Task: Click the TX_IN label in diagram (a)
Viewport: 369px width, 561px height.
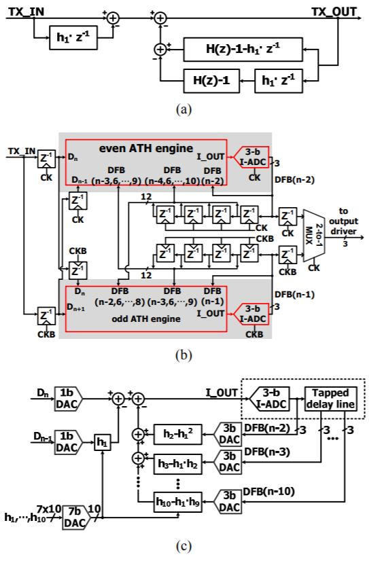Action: point(26,12)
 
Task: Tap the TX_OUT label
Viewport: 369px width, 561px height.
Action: point(334,12)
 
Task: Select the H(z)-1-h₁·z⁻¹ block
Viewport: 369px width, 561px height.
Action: point(243,50)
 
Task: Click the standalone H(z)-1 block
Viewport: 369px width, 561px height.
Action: point(211,81)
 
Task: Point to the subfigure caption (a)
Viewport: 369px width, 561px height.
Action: point(184,109)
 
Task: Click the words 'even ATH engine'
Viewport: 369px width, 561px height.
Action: point(145,148)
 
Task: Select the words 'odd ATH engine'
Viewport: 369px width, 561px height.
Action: point(146,319)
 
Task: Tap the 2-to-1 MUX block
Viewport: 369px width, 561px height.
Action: point(314,236)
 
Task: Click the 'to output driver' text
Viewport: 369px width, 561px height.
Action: point(343,221)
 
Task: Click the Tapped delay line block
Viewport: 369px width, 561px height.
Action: point(330,399)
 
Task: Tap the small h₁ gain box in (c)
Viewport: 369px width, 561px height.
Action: point(102,443)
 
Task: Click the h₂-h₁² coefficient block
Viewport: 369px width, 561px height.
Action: point(178,435)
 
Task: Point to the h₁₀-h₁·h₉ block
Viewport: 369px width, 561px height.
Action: point(178,502)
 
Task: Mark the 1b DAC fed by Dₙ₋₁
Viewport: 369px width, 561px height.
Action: point(68,442)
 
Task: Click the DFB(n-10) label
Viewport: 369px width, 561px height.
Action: point(269,492)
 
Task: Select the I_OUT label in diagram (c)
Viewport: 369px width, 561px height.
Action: point(222,393)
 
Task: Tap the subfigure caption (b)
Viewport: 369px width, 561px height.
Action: point(184,355)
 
